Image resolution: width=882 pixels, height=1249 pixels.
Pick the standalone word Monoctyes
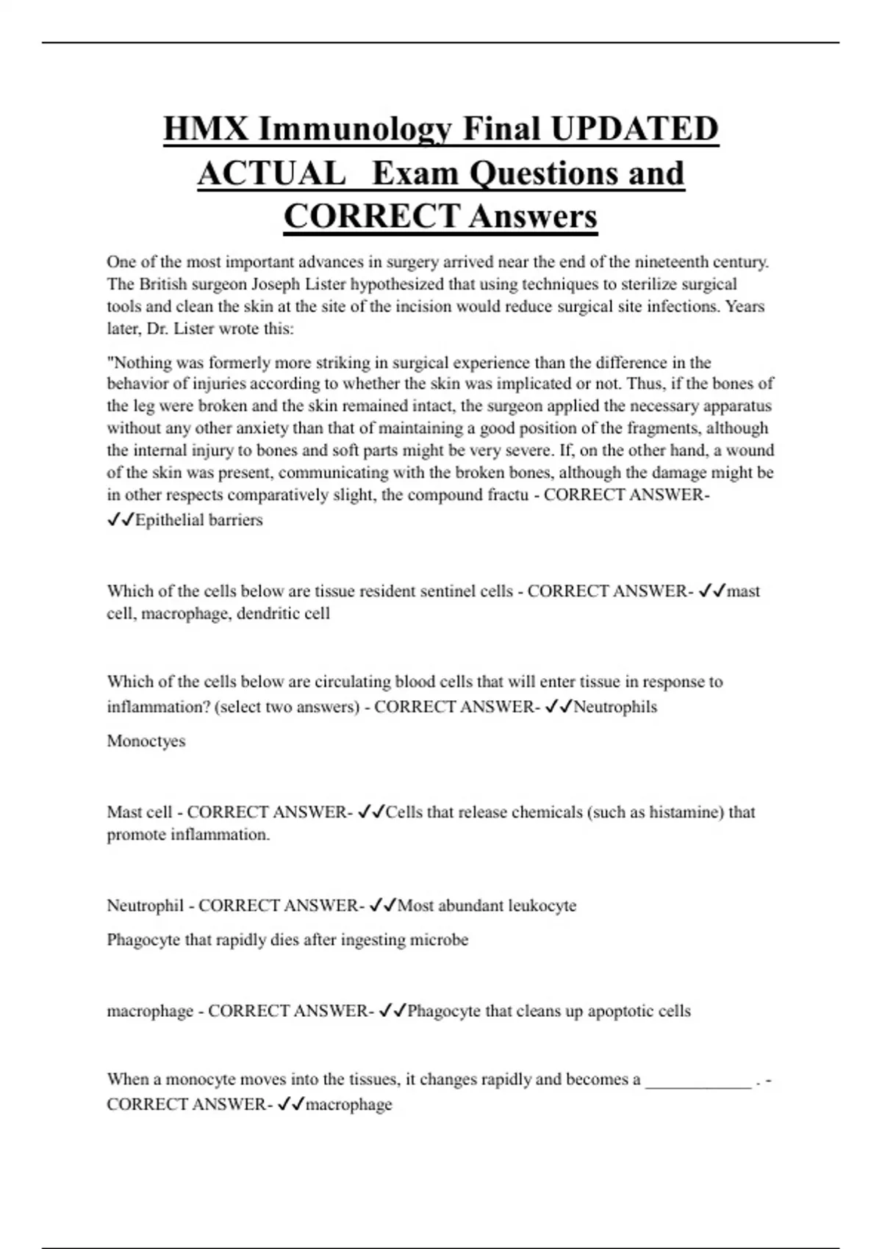click(146, 741)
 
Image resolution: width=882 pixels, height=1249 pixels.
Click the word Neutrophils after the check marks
click(615, 707)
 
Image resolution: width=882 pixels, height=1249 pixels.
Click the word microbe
click(439, 940)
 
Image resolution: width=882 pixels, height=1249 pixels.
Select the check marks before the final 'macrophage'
click(291, 1104)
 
